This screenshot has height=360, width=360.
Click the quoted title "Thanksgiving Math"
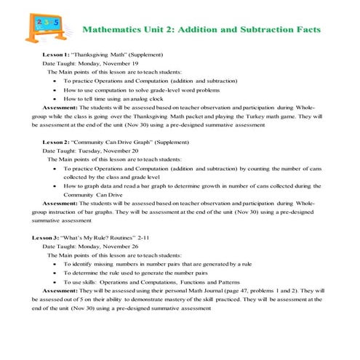(99, 55)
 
